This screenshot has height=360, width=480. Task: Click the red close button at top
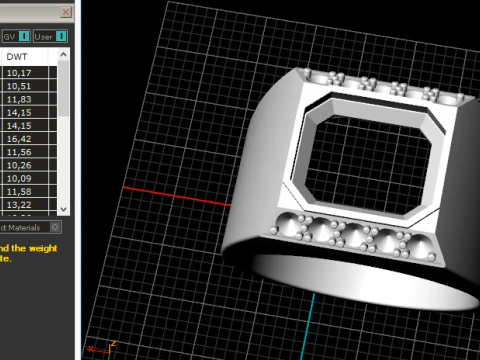(65, 12)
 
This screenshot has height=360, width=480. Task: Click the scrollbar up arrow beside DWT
(64, 58)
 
